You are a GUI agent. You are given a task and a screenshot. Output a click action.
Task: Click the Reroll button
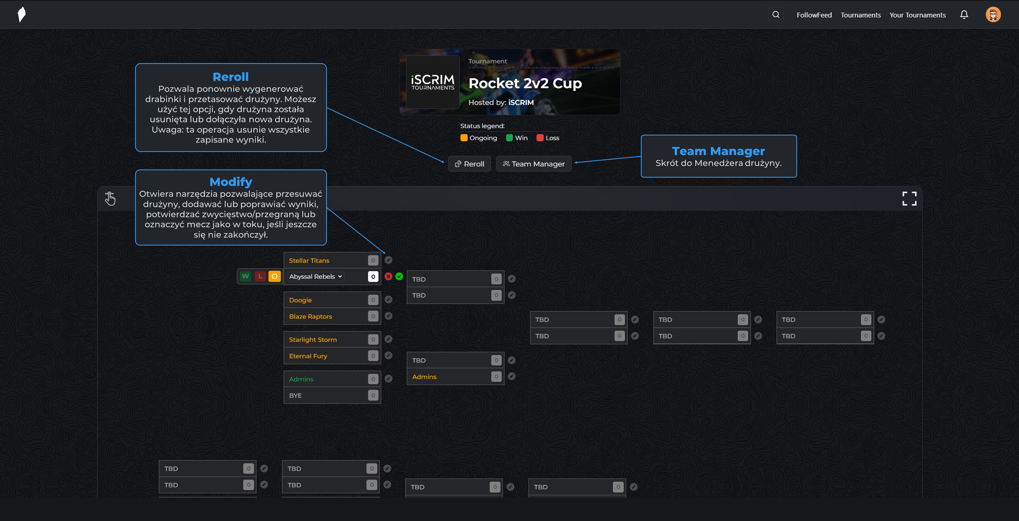point(469,164)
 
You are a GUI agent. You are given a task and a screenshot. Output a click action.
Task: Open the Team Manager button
point(534,164)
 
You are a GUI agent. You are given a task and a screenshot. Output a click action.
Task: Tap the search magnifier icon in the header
point(776,15)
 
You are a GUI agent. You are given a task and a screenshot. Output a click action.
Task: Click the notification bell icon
point(964,15)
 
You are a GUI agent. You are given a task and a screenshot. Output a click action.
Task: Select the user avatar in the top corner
point(993,15)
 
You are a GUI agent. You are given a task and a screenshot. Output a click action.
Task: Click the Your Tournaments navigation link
point(917,15)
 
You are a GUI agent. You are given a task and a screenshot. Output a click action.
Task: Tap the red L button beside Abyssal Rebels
point(260,276)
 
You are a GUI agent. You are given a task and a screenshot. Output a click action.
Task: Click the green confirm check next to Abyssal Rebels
point(399,276)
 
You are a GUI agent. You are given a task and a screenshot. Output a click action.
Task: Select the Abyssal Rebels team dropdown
point(315,276)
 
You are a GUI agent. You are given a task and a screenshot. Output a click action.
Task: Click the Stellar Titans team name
point(309,260)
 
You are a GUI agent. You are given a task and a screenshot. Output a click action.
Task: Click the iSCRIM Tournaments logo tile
point(433,82)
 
